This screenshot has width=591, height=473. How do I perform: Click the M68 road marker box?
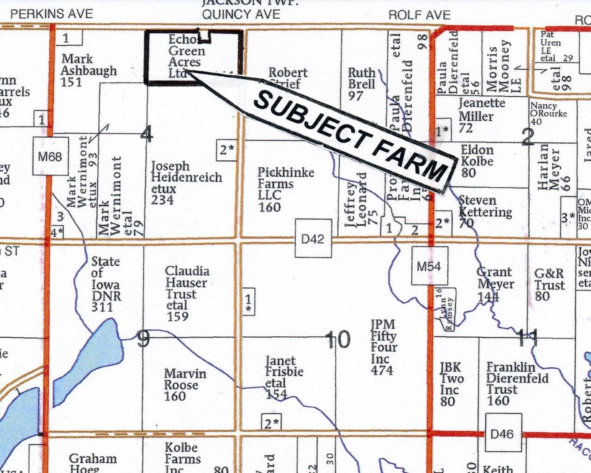coord(50,156)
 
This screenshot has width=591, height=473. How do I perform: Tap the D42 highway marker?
coord(313,239)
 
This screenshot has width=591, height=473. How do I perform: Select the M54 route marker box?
coord(429,266)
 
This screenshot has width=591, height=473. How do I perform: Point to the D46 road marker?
coord(503,434)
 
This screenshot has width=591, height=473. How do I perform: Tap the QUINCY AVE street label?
coord(241,14)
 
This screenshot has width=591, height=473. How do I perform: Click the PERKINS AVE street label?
coord(51,14)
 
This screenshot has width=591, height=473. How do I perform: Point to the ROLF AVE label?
coord(419,15)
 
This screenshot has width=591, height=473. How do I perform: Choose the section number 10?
coord(338,339)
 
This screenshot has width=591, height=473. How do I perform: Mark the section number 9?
coord(143,339)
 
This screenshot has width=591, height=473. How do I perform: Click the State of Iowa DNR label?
coord(106,284)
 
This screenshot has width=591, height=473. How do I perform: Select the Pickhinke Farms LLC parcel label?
coord(285,189)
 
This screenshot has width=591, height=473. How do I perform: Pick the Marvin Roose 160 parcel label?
coord(185,384)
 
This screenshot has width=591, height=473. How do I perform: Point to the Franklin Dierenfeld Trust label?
coord(517,384)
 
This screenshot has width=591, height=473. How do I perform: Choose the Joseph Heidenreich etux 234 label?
coord(186,183)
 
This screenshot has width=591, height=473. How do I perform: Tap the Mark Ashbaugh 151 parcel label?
coord(88,70)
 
